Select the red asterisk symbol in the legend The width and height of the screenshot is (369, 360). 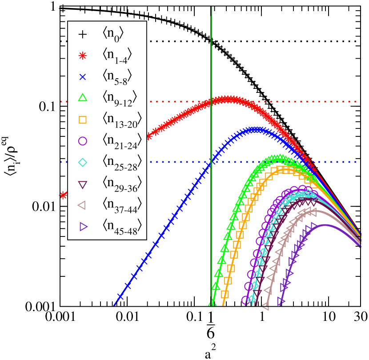[82, 56]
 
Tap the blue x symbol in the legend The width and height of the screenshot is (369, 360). [82, 77]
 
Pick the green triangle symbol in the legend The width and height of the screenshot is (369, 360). [82, 98]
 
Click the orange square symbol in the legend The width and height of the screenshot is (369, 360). [82, 120]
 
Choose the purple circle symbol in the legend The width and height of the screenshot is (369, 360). [82, 141]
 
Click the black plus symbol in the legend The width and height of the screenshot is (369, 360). [82, 35]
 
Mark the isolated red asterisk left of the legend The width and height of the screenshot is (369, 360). [64, 195]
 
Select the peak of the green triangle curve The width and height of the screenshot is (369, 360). [279, 158]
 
